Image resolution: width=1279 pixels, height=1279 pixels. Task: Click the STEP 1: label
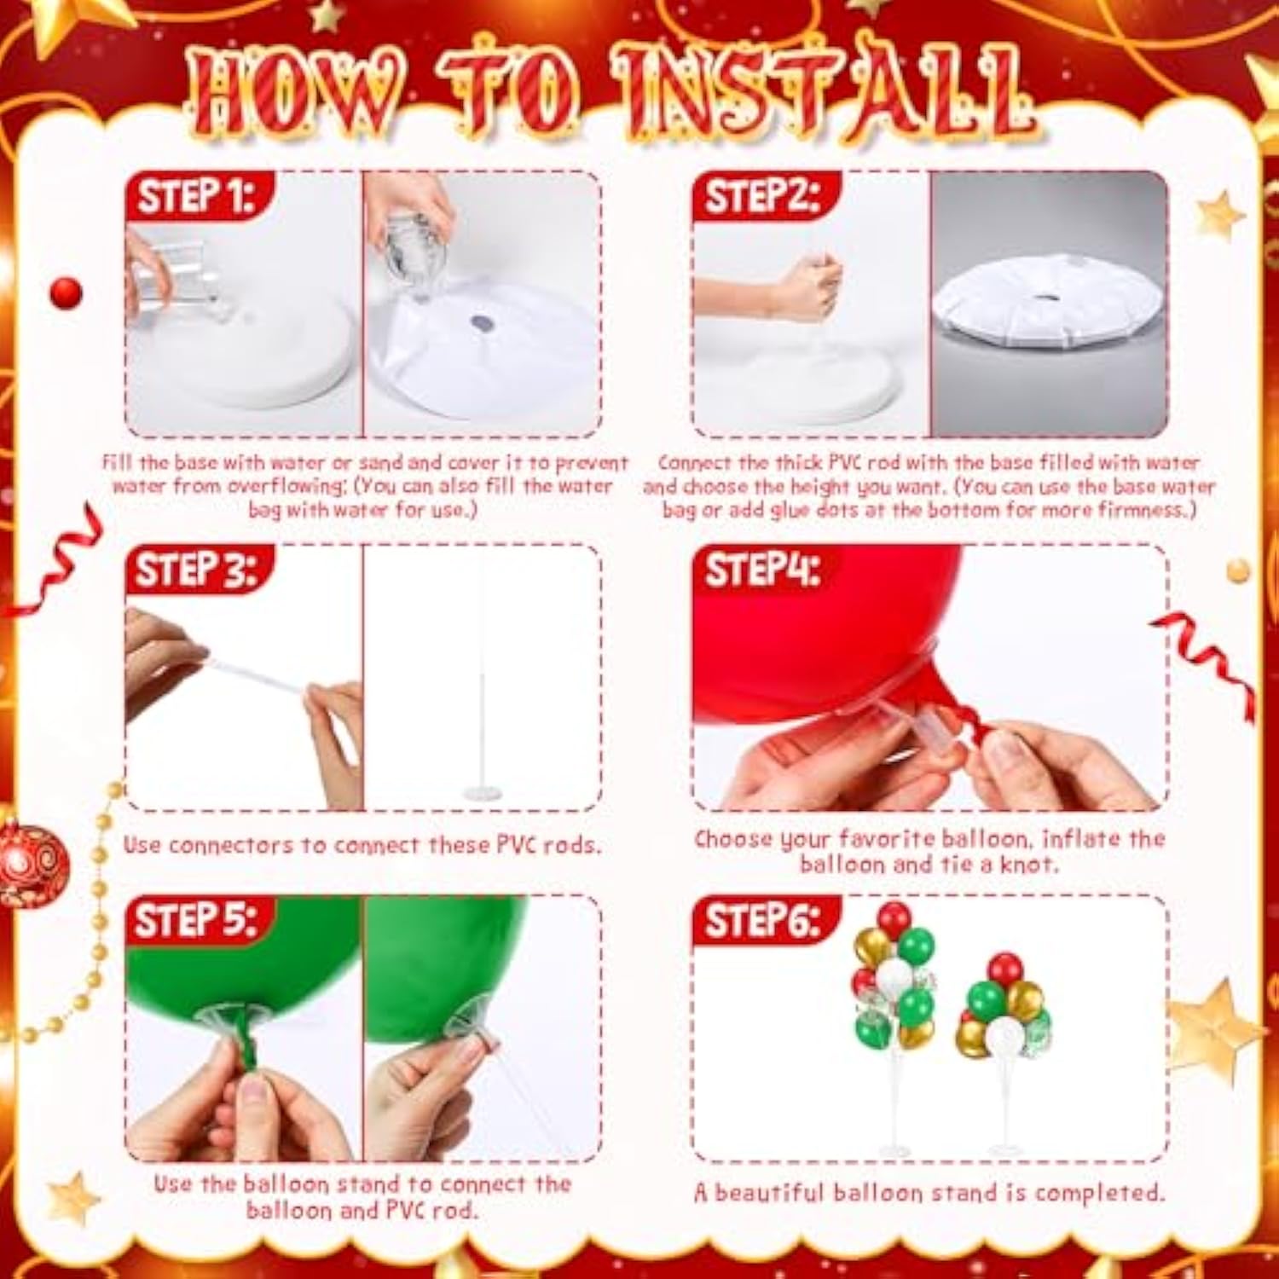pyautogui.click(x=195, y=197)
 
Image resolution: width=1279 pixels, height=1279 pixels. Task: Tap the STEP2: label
pyautogui.click(x=761, y=197)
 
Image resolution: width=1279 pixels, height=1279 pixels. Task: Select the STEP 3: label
pyautogui.click(x=195, y=570)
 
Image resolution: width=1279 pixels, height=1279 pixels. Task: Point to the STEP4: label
pyautogui.click(x=761, y=570)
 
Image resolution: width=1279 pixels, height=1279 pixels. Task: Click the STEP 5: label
pyautogui.click(x=195, y=921)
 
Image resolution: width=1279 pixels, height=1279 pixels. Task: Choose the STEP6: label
pyautogui.click(x=761, y=921)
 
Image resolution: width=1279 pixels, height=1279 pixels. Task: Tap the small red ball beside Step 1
pyautogui.click(x=66, y=293)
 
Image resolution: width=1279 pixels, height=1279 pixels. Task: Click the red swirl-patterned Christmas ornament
pyautogui.click(x=32, y=863)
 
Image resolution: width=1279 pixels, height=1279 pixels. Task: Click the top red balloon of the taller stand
pyautogui.click(x=894, y=919)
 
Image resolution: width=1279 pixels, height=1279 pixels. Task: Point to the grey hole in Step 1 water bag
pyautogui.click(x=482, y=323)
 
